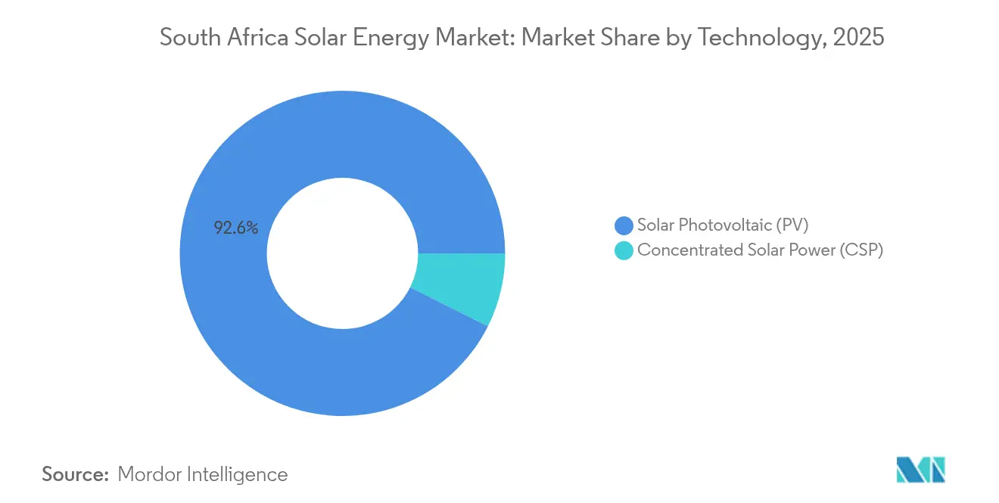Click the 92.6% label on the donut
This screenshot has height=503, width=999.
[x=236, y=228]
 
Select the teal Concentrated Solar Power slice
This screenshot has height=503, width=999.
[x=460, y=287]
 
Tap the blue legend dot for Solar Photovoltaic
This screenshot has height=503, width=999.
[x=624, y=225]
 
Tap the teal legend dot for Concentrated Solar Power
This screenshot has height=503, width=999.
[x=624, y=250]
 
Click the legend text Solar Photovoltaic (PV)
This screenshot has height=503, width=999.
[x=723, y=225]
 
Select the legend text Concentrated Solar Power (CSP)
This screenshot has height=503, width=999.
[x=760, y=250]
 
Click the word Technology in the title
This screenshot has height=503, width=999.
[x=758, y=38]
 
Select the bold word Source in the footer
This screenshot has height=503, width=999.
[x=75, y=474]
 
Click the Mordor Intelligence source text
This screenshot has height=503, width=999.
[x=203, y=474]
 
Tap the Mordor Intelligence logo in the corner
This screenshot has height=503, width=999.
[x=921, y=470]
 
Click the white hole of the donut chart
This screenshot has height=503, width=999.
[x=342, y=253]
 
